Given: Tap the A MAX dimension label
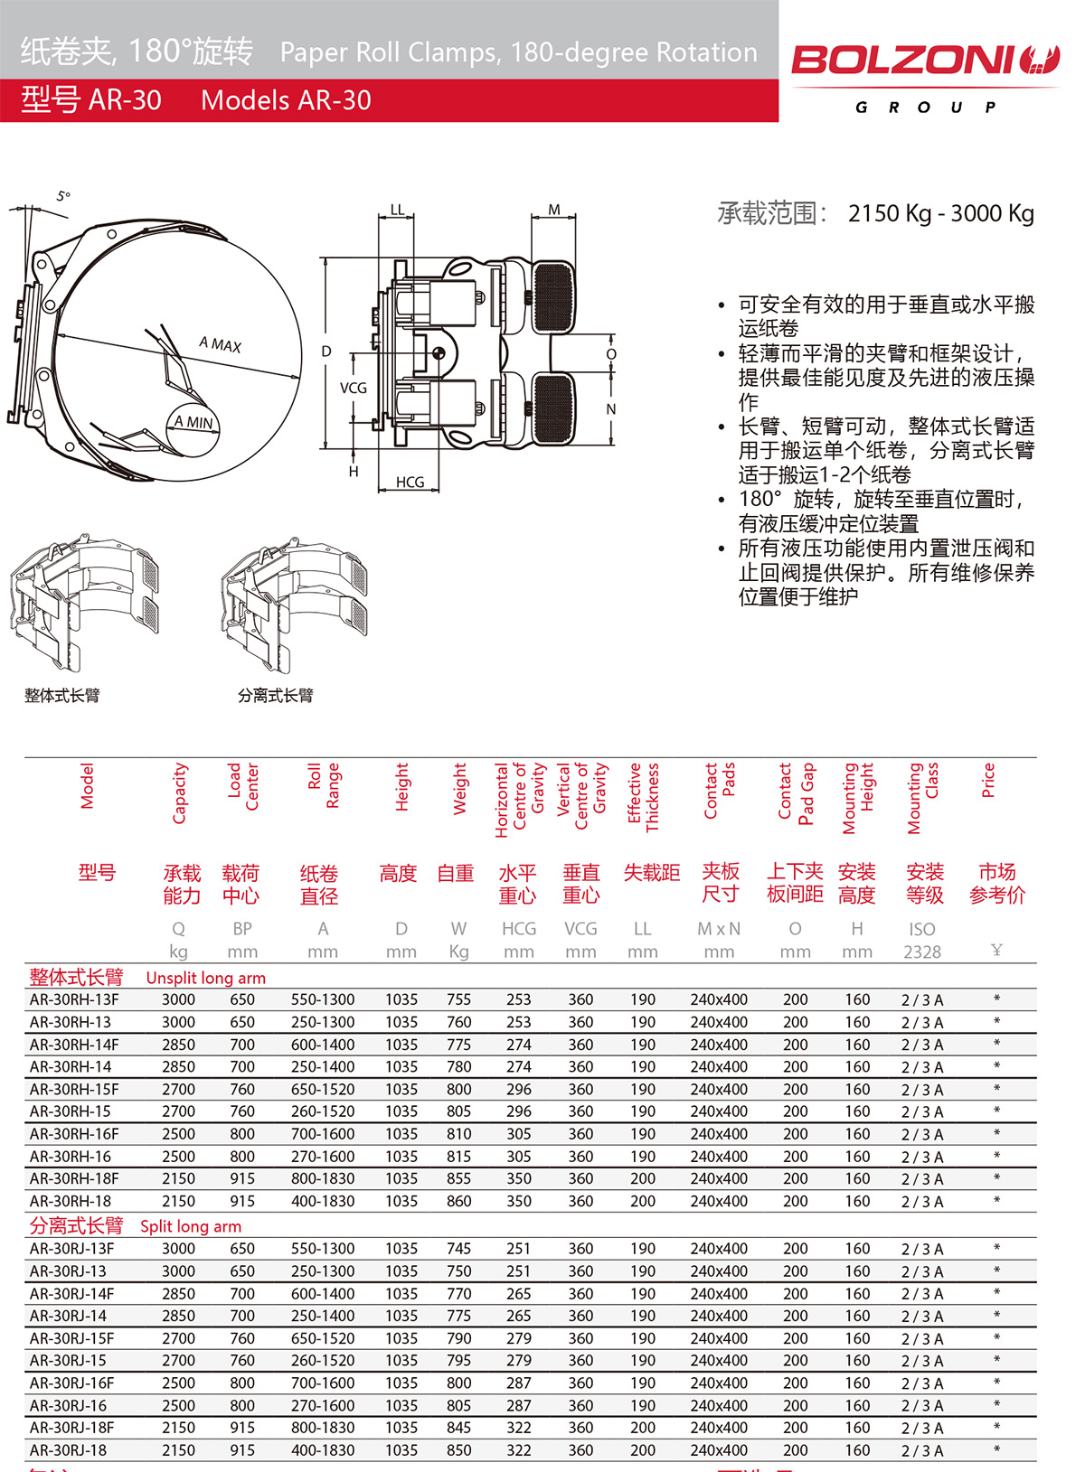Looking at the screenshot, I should pyautogui.click(x=220, y=344).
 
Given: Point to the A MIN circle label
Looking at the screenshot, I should pyautogui.click(x=193, y=422).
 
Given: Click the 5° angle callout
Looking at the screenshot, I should pyautogui.click(x=62, y=196).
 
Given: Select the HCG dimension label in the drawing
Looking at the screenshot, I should pyautogui.click(x=410, y=483).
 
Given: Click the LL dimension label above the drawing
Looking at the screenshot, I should pyautogui.click(x=397, y=210).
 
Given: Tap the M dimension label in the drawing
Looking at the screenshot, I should pyautogui.click(x=554, y=210).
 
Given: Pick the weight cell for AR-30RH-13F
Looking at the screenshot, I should pyautogui.click(x=458, y=999).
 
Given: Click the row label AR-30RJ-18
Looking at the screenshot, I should pyautogui.click(x=68, y=1449).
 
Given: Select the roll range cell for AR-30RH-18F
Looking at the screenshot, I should pyautogui.click(x=323, y=1178).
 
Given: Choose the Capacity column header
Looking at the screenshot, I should pyautogui.click(x=179, y=792).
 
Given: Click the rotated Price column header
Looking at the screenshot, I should pyautogui.click(x=988, y=780).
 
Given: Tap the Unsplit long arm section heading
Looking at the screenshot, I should pyautogui.click(x=205, y=978).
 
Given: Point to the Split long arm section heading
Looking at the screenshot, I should pyautogui.click(x=190, y=1226).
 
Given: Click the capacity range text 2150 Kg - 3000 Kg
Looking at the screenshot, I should pyautogui.click(x=940, y=213).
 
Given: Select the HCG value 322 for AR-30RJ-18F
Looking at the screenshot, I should pyautogui.click(x=518, y=1428).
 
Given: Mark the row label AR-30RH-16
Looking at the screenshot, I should pyautogui.click(x=70, y=1156).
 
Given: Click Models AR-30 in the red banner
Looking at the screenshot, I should pyautogui.click(x=286, y=100).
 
